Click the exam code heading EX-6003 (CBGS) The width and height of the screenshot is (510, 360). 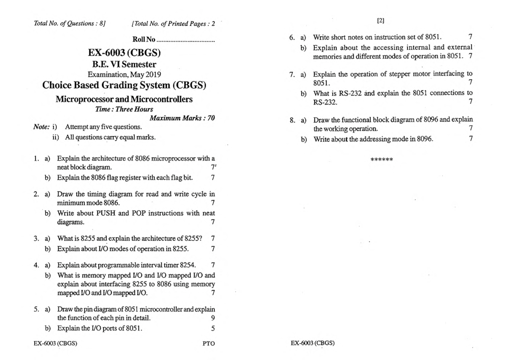[124, 53]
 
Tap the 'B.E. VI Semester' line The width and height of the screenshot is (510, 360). [124, 65]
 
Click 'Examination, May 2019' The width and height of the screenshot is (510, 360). [124, 75]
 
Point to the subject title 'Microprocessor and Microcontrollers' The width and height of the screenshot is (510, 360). [124, 99]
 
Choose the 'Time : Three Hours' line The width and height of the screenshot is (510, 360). [124, 109]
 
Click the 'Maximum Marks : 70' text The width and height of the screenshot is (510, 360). [182, 118]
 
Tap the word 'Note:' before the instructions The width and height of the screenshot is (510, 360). [41, 127]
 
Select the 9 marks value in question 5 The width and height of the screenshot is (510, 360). [213, 318]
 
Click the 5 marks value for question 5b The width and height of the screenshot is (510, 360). [213, 328]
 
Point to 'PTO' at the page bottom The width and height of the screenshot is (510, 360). [209, 343]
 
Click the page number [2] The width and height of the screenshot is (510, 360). [381, 21]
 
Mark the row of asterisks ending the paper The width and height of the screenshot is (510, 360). [382, 160]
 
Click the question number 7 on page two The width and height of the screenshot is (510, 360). [291, 75]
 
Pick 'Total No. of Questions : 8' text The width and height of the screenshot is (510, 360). [69, 24]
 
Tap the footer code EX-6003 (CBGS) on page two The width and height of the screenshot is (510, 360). [312, 343]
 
